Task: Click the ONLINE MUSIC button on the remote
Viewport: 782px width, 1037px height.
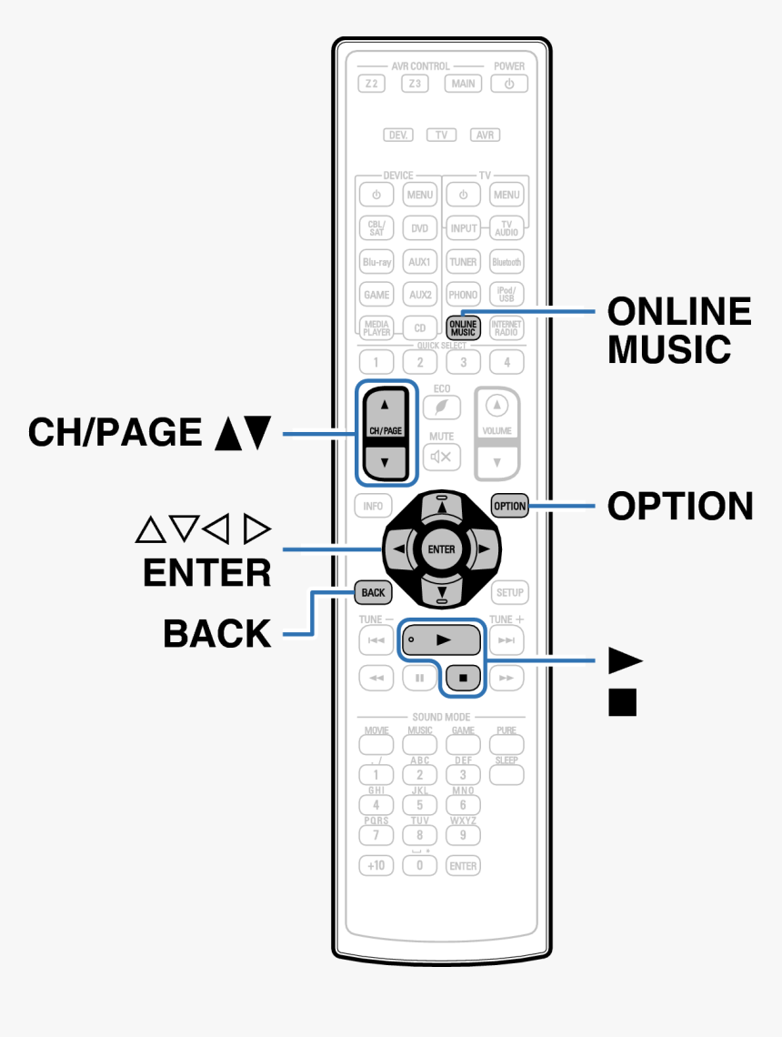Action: [463, 327]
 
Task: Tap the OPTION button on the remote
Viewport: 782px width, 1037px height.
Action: [509, 506]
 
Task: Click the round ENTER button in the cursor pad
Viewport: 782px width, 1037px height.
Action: [441, 549]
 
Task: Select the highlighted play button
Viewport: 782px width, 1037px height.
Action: [441, 640]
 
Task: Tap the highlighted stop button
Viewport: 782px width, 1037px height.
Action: [463, 678]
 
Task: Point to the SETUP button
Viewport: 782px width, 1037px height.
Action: [509, 592]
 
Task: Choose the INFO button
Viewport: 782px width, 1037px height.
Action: [373, 506]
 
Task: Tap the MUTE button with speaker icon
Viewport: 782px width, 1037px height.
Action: [441, 456]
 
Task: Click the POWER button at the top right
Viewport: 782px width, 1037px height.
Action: [509, 84]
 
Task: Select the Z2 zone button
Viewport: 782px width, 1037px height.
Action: [371, 84]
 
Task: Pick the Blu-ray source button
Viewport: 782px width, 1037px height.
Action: [376, 262]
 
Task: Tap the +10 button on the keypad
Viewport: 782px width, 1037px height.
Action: [376, 865]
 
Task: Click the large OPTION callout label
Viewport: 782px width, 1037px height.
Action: [679, 506]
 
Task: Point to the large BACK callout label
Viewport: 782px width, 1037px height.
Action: [217, 633]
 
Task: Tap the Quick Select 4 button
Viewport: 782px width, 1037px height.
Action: [506, 362]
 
